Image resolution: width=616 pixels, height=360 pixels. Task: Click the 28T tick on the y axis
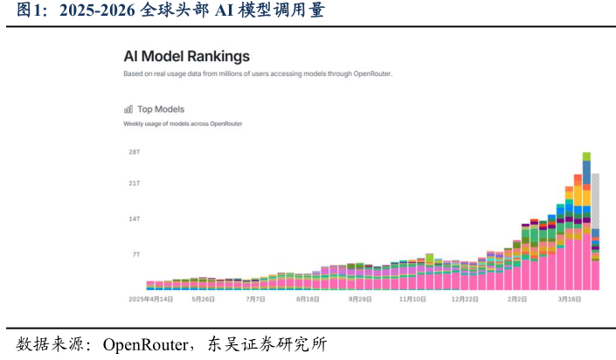tap(135, 152)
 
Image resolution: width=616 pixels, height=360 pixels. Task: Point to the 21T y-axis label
tap(135, 183)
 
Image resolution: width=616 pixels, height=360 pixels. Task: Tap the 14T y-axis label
tap(135, 218)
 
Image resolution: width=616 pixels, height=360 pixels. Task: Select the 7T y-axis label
tap(136, 254)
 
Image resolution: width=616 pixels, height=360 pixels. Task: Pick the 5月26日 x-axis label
tap(204, 298)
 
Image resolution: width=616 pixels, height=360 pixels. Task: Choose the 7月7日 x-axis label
tap(255, 298)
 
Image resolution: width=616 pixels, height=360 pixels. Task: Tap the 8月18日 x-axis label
tap(308, 298)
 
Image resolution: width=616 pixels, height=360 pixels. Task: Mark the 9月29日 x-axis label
tap(360, 298)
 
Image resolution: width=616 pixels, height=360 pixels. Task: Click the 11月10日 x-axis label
tap(412, 298)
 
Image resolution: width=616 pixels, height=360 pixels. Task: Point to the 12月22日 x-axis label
tap(465, 298)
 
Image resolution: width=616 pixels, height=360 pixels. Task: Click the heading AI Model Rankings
tap(186, 57)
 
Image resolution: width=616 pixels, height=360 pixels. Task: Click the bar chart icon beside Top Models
tap(128, 109)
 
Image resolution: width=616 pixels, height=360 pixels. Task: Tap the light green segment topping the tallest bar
tap(586, 156)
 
